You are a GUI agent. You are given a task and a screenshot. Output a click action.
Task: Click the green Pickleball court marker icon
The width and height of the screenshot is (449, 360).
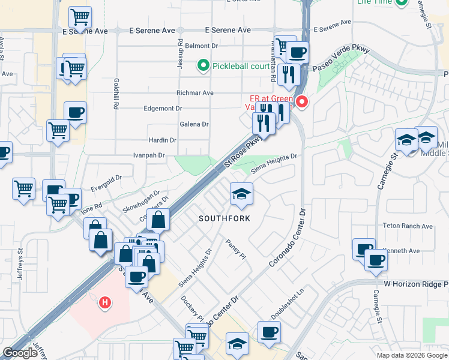tap(203, 65)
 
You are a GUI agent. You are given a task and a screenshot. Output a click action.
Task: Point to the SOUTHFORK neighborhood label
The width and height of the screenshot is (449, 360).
tap(224, 218)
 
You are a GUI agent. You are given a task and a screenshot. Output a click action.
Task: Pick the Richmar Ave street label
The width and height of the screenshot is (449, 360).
tap(195, 93)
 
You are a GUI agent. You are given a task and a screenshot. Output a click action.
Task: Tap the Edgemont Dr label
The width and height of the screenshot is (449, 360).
tap(163, 109)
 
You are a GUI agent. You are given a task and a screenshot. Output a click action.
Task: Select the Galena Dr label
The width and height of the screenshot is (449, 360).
tap(194, 124)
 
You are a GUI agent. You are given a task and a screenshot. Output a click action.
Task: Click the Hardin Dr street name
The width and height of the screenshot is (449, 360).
tap(163, 140)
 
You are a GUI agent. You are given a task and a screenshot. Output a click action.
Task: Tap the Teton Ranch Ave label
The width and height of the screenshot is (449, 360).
tap(408, 226)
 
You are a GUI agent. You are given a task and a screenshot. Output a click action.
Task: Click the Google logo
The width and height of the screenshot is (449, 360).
tap(20, 353)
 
